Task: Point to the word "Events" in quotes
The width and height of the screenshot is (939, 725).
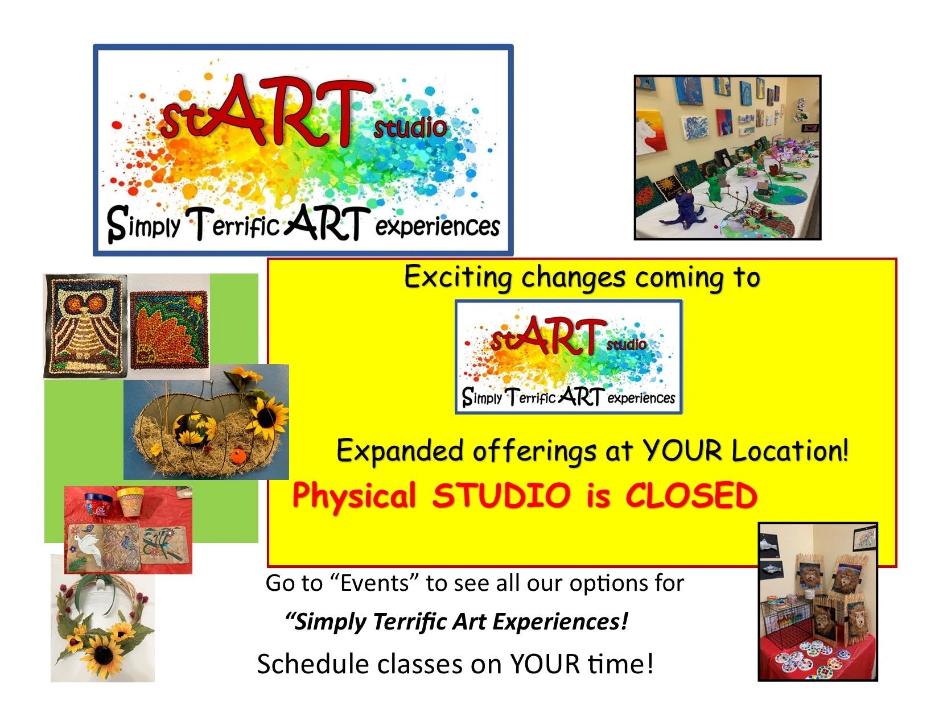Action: point(374,583)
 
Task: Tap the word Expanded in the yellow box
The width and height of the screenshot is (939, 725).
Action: point(400,451)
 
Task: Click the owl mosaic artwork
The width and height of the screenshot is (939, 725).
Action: point(85,326)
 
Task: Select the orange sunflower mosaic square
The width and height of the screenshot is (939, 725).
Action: point(170,330)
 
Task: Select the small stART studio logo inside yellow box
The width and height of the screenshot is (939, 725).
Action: point(569,357)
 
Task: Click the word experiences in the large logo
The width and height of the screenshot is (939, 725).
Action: point(438,226)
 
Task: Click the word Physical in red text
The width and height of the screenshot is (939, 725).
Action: point(355,496)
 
